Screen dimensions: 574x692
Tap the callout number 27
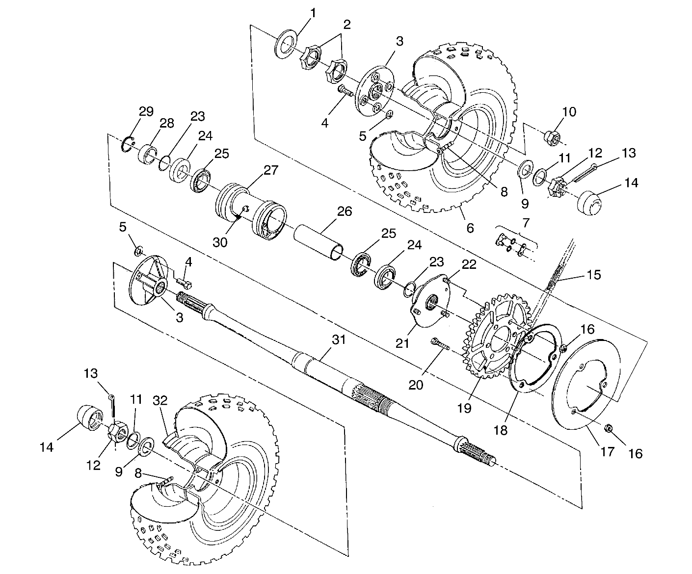point(271,170)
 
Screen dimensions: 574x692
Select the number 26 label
point(345,211)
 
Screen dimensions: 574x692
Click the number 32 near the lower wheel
point(160,400)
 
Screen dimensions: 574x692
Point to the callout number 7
point(526,223)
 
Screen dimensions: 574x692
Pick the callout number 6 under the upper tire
point(470,228)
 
